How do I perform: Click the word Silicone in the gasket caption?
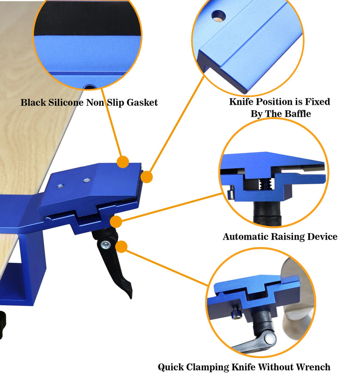(66, 103)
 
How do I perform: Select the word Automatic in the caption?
(246, 236)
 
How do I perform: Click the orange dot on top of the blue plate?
(123, 162)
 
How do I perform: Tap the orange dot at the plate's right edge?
(146, 177)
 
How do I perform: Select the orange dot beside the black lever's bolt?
(121, 247)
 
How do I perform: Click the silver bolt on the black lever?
(105, 245)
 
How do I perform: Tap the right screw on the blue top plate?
(87, 180)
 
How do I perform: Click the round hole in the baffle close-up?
(218, 16)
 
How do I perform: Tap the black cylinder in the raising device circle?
(267, 212)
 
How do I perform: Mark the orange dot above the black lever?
(116, 222)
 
